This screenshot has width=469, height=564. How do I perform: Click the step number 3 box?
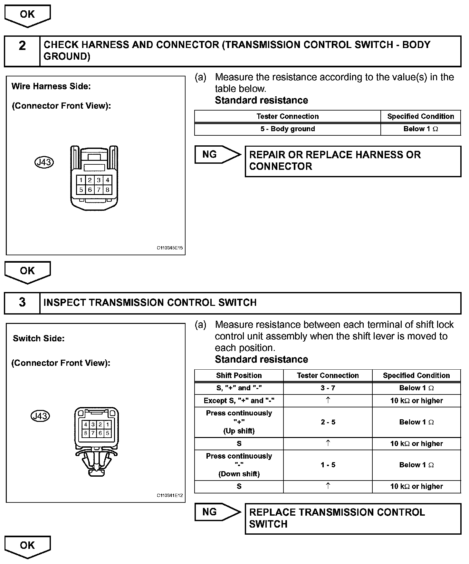pyautogui.click(x=22, y=303)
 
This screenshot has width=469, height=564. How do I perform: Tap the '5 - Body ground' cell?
pyautogui.click(x=287, y=129)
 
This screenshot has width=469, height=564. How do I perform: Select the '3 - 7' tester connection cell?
pyautogui.click(x=328, y=388)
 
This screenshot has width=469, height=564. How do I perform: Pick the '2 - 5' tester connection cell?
pyautogui.click(x=328, y=422)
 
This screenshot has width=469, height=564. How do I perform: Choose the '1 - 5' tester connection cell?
pyautogui.click(x=328, y=465)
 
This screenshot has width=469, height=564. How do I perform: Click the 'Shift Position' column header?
pyautogui.click(x=239, y=375)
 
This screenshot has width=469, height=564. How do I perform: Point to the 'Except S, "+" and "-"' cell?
pyautogui.click(x=239, y=401)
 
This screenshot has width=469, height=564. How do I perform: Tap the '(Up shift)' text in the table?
pyautogui.click(x=239, y=431)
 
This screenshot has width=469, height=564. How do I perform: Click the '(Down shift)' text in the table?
pyautogui.click(x=239, y=474)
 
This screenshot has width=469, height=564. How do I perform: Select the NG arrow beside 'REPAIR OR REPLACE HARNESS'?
pyautogui.click(x=217, y=155)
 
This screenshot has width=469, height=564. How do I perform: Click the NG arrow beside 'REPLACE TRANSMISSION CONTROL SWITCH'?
pyautogui.click(x=217, y=512)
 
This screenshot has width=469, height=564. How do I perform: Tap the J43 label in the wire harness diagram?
pyautogui.click(x=44, y=162)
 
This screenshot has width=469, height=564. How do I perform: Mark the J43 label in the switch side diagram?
pyautogui.click(x=41, y=416)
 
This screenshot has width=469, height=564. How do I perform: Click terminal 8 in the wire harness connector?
pyautogui.click(x=107, y=190)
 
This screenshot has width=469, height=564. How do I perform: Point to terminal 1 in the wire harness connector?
pyautogui.click(x=81, y=180)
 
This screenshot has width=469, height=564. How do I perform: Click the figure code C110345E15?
pyautogui.click(x=170, y=248)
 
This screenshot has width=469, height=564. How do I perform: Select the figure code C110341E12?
pyautogui.click(x=170, y=495)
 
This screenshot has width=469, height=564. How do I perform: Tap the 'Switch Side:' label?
pyautogui.click(x=39, y=338)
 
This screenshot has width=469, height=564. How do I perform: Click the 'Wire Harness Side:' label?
pyautogui.click(x=51, y=86)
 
